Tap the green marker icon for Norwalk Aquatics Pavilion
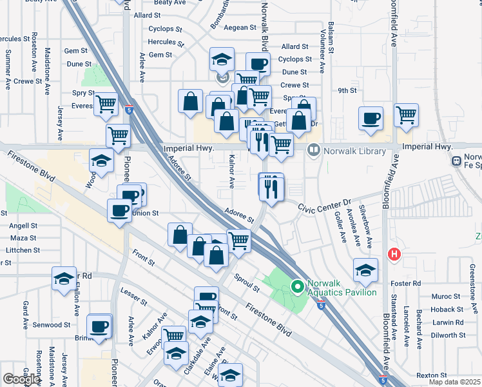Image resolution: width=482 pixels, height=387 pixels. (x=297, y=285)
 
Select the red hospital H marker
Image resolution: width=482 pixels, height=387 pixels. (x=393, y=254)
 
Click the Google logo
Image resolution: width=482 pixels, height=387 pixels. (x=21, y=379)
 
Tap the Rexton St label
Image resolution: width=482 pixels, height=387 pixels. (x=431, y=375)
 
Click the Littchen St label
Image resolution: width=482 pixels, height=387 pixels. (x=23, y=250)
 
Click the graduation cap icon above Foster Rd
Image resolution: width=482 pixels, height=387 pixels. (x=365, y=270)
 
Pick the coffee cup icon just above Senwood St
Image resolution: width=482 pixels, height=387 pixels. (x=99, y=326)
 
